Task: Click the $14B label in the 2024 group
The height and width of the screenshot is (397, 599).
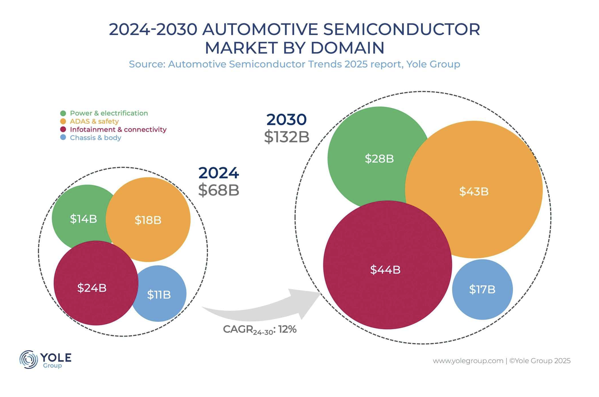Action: point(83,219)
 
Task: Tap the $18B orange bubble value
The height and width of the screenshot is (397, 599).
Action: point(148,220)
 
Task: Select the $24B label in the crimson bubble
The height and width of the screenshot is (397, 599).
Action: point(92,288)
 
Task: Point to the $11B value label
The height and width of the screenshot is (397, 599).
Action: point(159,295)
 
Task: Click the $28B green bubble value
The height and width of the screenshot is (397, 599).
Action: point(379,158)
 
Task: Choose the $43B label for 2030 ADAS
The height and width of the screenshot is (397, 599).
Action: point(474,191)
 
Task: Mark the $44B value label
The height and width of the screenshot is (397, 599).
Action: point(385,269)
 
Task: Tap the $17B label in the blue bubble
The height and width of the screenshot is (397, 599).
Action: point(482,289)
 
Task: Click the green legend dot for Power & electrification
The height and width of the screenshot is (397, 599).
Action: point(63,113)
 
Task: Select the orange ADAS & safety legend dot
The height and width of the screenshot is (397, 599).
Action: point(63,121)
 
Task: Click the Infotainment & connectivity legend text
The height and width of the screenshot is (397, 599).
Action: point(118,130)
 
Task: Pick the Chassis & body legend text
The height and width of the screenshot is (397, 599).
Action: point(95,138)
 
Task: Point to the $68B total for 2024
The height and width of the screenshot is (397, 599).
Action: point(219,190)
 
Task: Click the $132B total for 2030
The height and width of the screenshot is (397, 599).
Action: point(286,137)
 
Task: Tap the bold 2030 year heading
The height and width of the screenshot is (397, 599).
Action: point(286,119)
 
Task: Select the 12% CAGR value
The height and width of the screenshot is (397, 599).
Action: point(288,329)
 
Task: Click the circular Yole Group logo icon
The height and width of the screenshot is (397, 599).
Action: point(28,359)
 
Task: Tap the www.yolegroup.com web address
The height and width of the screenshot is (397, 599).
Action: point(468,361)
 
